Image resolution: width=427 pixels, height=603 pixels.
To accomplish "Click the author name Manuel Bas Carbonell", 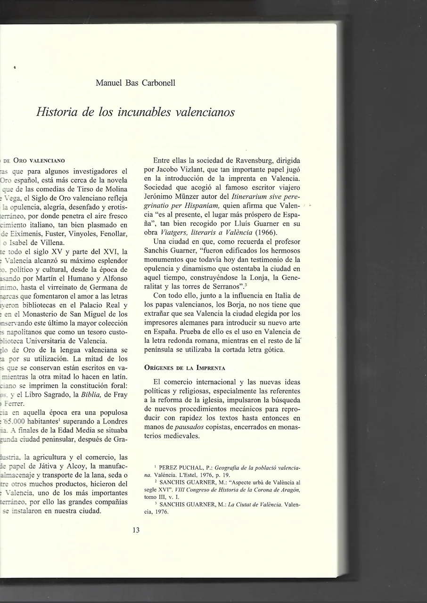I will [x=135, y=83].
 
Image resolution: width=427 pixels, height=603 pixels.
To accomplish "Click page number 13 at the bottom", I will [x=136, y=530].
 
